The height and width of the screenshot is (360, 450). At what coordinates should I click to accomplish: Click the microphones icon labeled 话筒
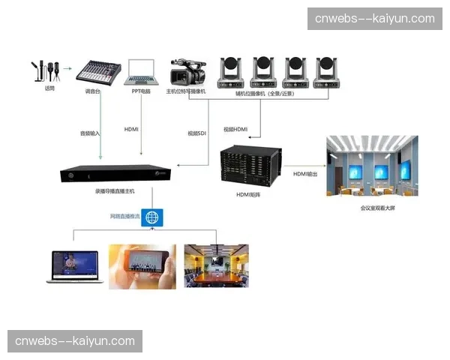[x=46, y=70]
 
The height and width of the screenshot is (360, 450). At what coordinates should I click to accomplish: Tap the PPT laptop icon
[x=140, y=71]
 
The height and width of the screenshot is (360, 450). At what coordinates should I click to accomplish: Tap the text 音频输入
[x=90, y=133]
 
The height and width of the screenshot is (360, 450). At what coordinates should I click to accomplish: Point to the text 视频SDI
[x=197, y=133]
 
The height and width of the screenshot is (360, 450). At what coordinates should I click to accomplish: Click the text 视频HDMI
[x=235, y=129]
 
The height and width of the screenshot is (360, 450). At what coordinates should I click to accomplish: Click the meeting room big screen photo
[x=372, y=165]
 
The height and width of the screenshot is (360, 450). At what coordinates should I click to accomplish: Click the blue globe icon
[x=153, y=218]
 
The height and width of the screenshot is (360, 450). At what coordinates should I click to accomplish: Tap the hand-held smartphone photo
[x=142, y=266]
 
